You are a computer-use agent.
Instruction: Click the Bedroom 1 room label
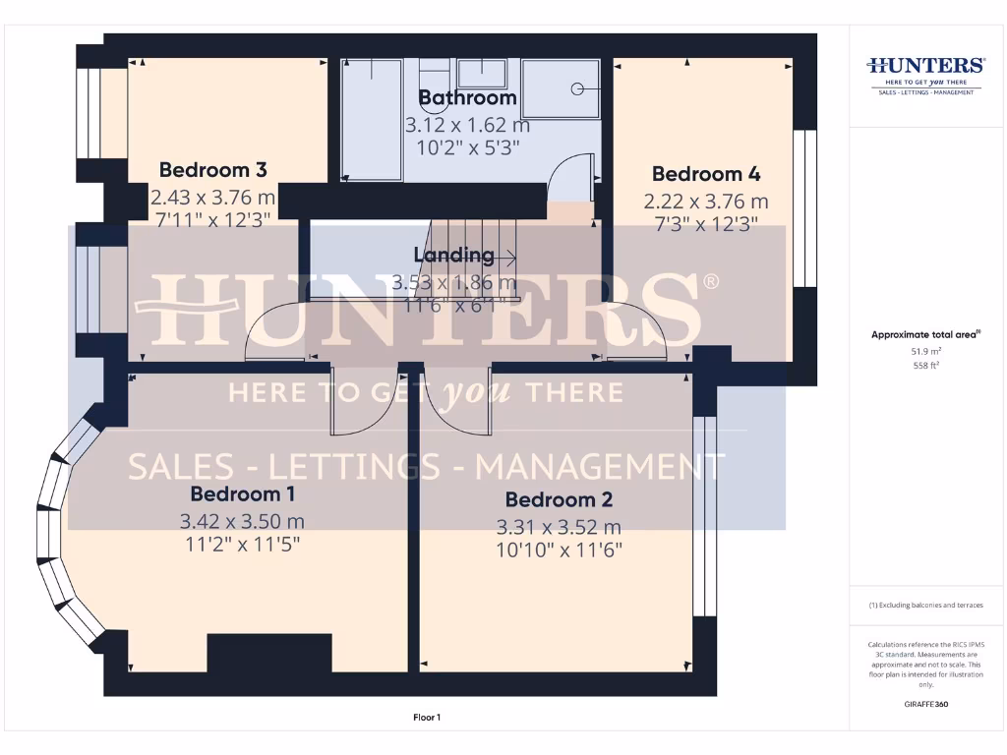pos(242,494)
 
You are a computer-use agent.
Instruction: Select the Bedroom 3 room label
pos(212,169)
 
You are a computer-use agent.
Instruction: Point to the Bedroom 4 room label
pos(706,174)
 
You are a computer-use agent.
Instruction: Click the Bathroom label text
pos(467,98)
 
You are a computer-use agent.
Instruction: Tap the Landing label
pos(453,255)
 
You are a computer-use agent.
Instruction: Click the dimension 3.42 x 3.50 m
pos(242,521)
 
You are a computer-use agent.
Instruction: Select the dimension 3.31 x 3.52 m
pos(559,527)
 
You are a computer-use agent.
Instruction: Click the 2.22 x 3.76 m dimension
pos(706,202)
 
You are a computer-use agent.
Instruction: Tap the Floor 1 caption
pos(427,718)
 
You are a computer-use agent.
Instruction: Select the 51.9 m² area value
pos(925,350)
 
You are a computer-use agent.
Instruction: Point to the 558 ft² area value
pos(925,364)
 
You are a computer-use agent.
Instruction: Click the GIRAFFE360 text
pos(925,704)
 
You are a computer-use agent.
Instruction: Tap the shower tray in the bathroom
pos(561,88)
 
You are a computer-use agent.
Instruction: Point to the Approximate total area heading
pos(925,335)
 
